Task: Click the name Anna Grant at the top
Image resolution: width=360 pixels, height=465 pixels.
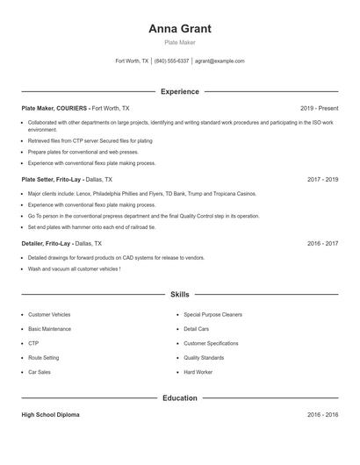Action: pyautogui.click(x=180, y=28)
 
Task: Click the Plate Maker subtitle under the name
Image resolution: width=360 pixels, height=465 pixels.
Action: pyautogui.click(x=180, y=42)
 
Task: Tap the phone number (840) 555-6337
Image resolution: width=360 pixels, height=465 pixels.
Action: pyautogui.click(x=172, y=61)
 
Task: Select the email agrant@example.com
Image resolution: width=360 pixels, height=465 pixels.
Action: pyautogui.click(x=220, y=61)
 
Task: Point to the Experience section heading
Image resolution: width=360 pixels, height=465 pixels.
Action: pyautogui.click(x=180, y=91)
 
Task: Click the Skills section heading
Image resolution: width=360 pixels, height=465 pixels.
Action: pyautogui.click(x=180, y=296)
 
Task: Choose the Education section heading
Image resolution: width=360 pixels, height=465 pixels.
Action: pyautogui.click(x=180, y=397)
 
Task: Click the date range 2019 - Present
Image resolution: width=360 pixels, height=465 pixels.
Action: pyautogui.click(x=319, y=108)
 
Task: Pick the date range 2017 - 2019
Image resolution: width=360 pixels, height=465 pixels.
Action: pyautogui.click(x=322, y=179)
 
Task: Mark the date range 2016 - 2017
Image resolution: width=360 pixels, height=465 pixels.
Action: pyautogui.click(x=322, y=243)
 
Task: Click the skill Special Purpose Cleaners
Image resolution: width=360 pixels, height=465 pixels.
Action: pyautogui.click(x=214, y=314)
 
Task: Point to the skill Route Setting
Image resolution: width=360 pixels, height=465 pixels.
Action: pyautogui.click(x=44, y=358)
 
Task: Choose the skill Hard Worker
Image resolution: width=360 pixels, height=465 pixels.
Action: pyautogui.click(x=198, y=372)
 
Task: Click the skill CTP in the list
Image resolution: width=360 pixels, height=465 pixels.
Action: pyautogui.click(x=33, y=343)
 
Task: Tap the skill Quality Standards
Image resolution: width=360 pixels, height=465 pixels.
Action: pyautogui.click(x=205, y=358)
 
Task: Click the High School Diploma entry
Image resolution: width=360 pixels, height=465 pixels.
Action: pyautogui.click(x=50, y=414)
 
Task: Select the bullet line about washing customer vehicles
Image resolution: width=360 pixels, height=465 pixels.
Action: pyautogui.click(x=74, y=268)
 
